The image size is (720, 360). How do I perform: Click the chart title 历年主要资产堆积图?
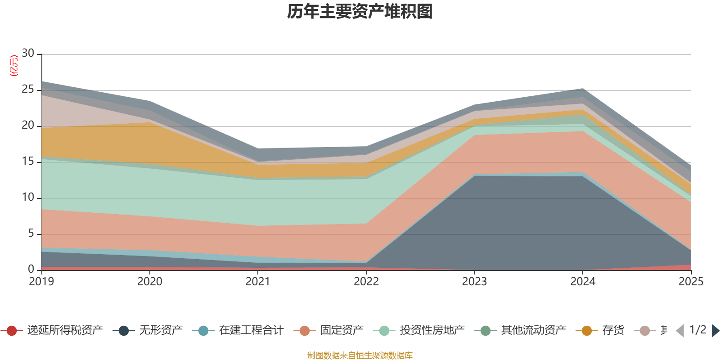[x=360, y=12]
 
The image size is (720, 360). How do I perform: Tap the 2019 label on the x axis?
[x=41, y=282]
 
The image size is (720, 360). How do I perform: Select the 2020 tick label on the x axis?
[x=150, y=282]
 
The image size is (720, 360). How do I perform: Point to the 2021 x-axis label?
[x=258, y=282]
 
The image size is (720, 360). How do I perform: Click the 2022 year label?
[x=366, y=282]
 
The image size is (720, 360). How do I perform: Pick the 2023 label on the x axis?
[x=474, y=282]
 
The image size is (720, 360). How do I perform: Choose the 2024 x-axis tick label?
[x=583, y=282]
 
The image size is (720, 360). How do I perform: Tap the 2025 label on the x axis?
[x=691, y=282]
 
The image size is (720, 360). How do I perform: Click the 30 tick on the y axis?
[x=28, y=54]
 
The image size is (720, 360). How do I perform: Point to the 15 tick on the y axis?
[x=28, y=162]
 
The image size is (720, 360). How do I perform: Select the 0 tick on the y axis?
[x=31, y=269]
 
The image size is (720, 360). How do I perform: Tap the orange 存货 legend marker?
[x=587, y=331]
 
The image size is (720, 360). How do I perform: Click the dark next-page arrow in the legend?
[x=715, y=331]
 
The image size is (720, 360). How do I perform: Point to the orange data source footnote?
[x=360, y=355]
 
